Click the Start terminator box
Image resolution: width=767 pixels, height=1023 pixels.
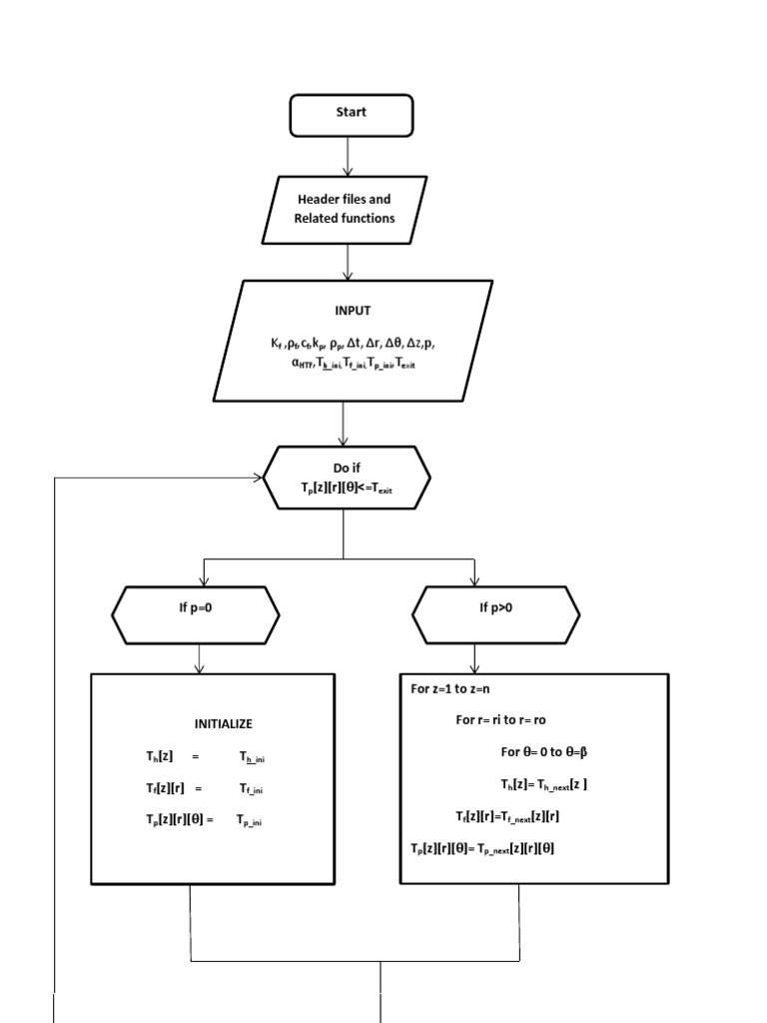(x=351, y=114)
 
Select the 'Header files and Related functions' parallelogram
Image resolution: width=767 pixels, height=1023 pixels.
(x=345, y=209)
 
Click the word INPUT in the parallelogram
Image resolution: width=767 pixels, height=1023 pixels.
(x=353, y=311)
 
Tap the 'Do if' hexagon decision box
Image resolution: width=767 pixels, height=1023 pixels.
(x=348, y=477)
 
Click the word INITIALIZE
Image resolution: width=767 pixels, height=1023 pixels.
(x=223, y=723)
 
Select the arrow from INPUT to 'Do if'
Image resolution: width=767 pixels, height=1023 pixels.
(x=345, y=424)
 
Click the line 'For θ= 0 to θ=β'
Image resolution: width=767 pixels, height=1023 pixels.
(x=548, y=751)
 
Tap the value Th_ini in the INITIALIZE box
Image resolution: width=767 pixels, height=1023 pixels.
(x=252, y=758)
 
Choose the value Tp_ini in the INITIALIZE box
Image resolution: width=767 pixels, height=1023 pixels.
(x=251, y=820)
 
